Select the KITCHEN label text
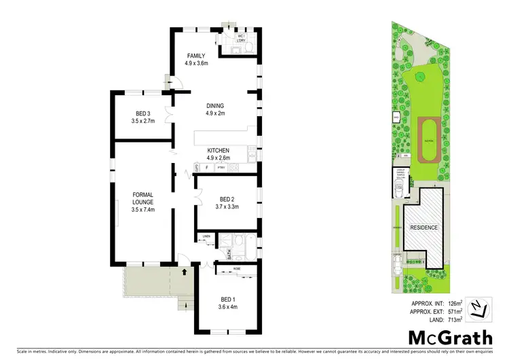click(x=218, y=151)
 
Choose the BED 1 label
click(x=228, y=299)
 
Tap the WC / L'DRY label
click(x=240, y=38)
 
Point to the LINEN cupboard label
click(x=206, y=236)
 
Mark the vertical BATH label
click(x=229, y=255)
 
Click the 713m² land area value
click(x=454, y=319)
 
